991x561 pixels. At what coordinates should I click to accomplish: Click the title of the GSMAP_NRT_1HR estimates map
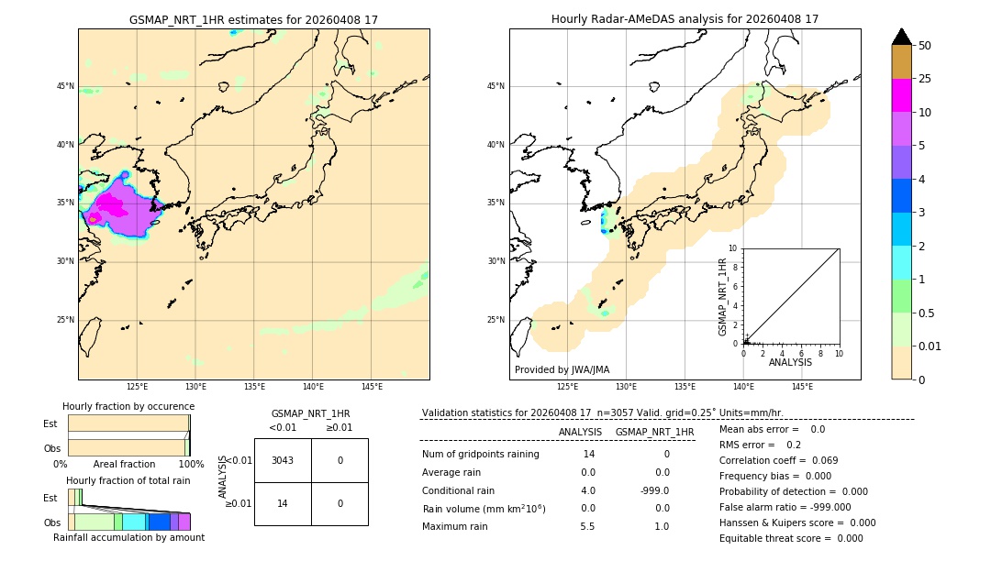253,19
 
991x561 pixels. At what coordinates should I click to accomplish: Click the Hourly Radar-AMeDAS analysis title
685,19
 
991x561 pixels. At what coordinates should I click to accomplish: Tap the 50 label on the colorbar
925,46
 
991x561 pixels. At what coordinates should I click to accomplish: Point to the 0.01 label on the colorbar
930,346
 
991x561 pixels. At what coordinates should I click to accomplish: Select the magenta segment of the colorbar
901,95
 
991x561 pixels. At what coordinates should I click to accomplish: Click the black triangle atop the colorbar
901,37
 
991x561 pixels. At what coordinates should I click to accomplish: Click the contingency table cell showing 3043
283,460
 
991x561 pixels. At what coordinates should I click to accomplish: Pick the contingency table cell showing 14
283,503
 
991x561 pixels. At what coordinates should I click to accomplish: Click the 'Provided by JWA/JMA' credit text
562,369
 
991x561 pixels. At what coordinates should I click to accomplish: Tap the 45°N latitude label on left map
65,86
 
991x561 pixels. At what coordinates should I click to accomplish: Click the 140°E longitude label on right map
743,387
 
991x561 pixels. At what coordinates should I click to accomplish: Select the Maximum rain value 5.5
587,526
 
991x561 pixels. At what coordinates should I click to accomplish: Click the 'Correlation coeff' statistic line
780,460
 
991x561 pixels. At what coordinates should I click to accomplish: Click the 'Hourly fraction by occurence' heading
128,406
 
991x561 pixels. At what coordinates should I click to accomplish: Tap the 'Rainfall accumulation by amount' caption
128,537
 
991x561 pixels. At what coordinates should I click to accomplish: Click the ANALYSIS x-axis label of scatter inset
790,362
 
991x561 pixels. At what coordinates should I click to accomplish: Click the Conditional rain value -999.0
654,490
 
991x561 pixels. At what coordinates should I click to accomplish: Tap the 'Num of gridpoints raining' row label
480,455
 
